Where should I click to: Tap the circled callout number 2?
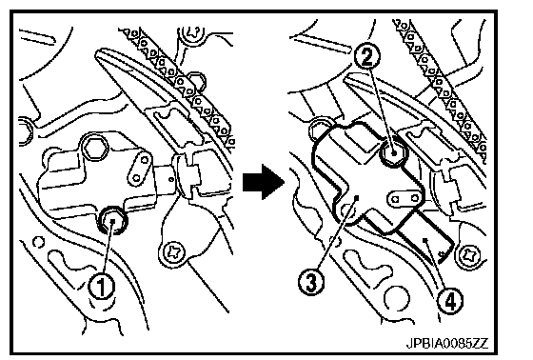point(366,57)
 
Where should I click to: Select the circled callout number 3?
point(311,281)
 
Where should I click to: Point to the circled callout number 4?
point(449,302)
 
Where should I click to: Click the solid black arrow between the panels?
point(264,182)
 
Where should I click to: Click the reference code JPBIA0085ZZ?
point(447,343)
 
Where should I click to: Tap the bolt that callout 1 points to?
point(112,221)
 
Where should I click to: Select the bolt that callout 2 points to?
point(393,152)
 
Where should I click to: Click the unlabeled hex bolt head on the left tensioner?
point(94,147)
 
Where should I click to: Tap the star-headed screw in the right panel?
point(472,255)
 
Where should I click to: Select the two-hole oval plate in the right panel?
point(405,198)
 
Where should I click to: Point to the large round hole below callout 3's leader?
point(395,297)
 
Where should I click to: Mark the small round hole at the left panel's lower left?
point(38,242)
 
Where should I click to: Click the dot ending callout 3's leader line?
point(356,197)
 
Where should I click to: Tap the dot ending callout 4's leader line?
point(424,240)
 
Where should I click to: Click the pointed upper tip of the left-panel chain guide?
point(99,52)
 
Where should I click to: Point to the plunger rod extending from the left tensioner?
point(166,178)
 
